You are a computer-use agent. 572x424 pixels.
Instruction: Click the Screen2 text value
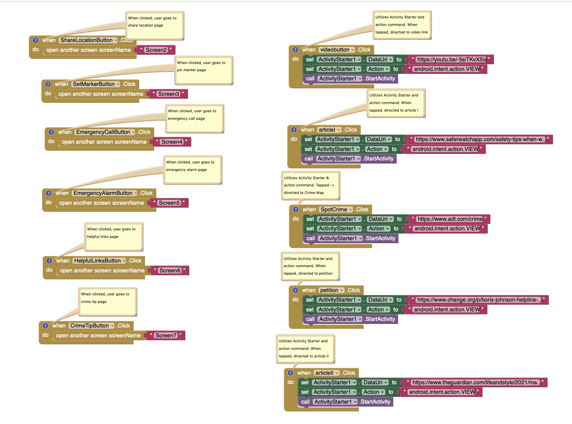(156, 50)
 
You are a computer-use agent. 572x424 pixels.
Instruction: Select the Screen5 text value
(169, 203)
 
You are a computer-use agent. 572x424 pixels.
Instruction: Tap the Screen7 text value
(166, 335)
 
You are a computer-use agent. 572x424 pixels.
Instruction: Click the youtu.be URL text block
(451, 59)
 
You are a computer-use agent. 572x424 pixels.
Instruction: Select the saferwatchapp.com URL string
(480, 139)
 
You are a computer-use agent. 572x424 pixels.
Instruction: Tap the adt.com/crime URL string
(450, 219)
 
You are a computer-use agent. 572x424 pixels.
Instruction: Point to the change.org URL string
(479, 300)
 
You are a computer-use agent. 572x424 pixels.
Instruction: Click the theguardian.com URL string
(476, 382)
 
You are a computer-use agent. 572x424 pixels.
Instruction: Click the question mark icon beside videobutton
(296, 50)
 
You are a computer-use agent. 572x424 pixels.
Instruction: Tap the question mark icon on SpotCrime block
(296, 209)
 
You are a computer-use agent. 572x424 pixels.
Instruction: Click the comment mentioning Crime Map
(310, 185)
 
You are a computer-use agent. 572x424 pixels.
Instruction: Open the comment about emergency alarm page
(193, 170)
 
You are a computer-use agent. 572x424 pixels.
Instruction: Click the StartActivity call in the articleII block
(375, 402)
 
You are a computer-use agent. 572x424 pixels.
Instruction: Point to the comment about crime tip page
(107, 302)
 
